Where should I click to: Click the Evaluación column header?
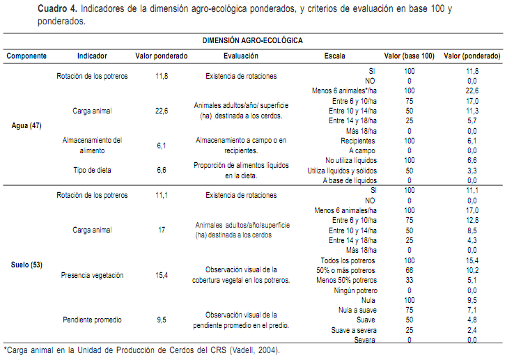coord(241,56)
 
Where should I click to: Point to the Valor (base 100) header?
coord(409,56)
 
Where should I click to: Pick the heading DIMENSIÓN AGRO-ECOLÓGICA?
coord(253,41)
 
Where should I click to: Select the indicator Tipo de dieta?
coord(92,169)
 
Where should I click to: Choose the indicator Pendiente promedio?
coord(92,320)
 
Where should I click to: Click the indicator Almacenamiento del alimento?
coord(92,145)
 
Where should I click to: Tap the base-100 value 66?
coord(409,269)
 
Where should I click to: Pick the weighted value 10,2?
coord(472,269)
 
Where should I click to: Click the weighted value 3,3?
coord(472,170)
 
